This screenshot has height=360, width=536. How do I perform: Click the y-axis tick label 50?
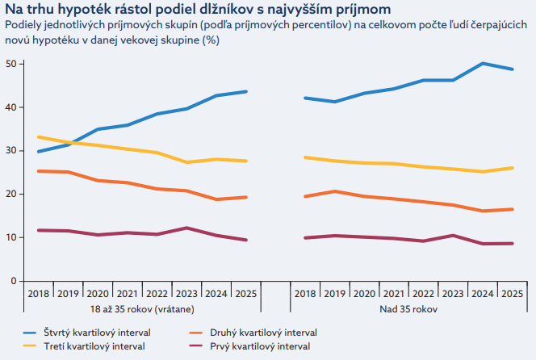(x=10, y=64)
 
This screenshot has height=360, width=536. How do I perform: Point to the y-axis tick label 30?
(x=10, y=151)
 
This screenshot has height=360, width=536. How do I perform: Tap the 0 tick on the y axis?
(x=12, y=281)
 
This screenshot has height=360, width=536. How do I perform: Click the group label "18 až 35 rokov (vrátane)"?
(x=142, y=308)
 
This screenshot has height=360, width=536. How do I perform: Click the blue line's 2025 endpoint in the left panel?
(x=246, y=91)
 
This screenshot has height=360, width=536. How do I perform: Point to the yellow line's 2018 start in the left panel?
(x=38, y=137)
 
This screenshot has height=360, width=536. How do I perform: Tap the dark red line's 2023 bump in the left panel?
(x=186, y=228)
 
